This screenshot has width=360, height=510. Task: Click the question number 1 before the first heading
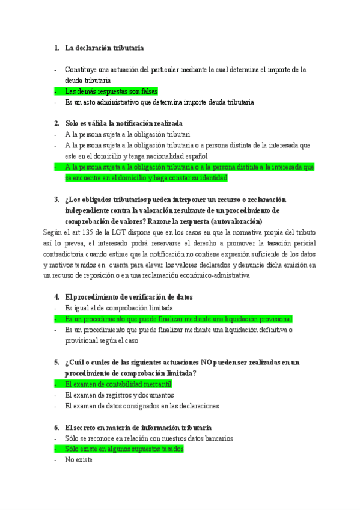(56, 48)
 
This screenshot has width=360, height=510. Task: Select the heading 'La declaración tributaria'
(104, 48)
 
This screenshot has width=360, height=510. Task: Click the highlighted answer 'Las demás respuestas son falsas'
(111, 91)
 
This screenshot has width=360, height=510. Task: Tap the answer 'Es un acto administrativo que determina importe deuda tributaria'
(159, 102)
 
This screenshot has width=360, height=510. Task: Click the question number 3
(56, 200)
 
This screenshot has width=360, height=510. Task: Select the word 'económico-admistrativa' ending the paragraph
(215, 275)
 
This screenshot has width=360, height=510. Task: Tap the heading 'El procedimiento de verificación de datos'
(129, 297)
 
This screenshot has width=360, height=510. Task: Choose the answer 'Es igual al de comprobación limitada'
(119, 308)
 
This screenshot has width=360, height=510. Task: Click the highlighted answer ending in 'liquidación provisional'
(178, 319)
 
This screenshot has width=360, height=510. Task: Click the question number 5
(56, 362)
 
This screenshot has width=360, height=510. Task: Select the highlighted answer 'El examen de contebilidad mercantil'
(118, 384)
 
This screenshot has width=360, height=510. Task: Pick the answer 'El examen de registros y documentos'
(119, 395)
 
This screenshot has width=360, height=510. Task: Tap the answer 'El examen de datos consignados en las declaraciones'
(142, 406)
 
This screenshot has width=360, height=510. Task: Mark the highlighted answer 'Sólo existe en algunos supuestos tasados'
(124, 449)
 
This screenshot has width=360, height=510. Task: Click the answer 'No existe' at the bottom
(79, 460)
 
